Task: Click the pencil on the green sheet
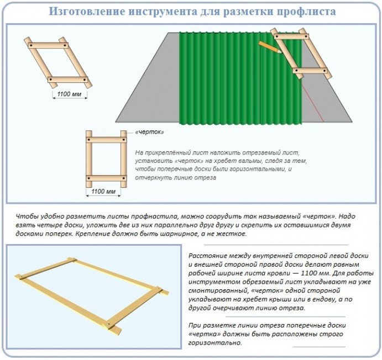[x=270, y=47]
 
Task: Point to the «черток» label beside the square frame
[x=150, y=132]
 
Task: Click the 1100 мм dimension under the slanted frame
[x=69, y=94]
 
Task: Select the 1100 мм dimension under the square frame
[x=103, y=191]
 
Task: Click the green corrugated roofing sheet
[x=240, y=78]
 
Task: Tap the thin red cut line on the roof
[x=312, y=100]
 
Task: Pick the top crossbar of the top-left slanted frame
[x=48, y=45]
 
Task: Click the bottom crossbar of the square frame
[x=106, y=178]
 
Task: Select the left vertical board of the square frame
[x=89, y=159]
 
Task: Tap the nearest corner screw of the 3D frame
[x=109, y=324]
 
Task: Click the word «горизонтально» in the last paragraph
[x=215, y=343]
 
